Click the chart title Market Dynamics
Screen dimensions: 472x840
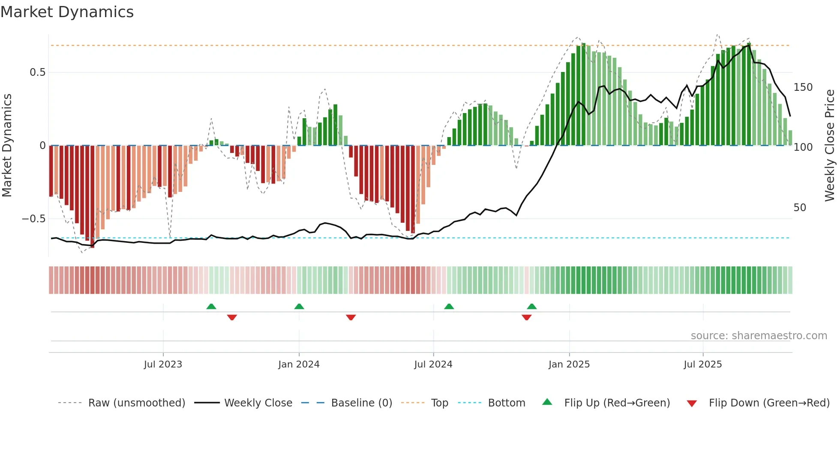[67, 12]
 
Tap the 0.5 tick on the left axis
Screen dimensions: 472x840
[37, 72]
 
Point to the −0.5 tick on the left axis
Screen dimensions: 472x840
[34, 219]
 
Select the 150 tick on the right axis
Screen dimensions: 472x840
[803, 87]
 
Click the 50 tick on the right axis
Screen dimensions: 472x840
[800, 208]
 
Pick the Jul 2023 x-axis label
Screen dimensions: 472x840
[163, 364]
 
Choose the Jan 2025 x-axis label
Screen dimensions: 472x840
[569, 364]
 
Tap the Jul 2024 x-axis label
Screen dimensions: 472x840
[433, 364]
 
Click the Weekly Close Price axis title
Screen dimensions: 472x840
[830, 146]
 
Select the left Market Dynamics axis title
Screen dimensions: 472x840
[7, 146]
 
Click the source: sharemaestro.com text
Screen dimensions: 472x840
[759, 336]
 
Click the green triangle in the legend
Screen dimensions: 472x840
[547, 402]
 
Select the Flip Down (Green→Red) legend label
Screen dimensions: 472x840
[769, 403]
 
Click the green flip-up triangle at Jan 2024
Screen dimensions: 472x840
[299, 306]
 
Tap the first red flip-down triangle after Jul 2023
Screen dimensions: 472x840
[232, 317]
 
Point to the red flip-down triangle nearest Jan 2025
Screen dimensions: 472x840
[526, 317]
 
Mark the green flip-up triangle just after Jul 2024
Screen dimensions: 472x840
[449, 306]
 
